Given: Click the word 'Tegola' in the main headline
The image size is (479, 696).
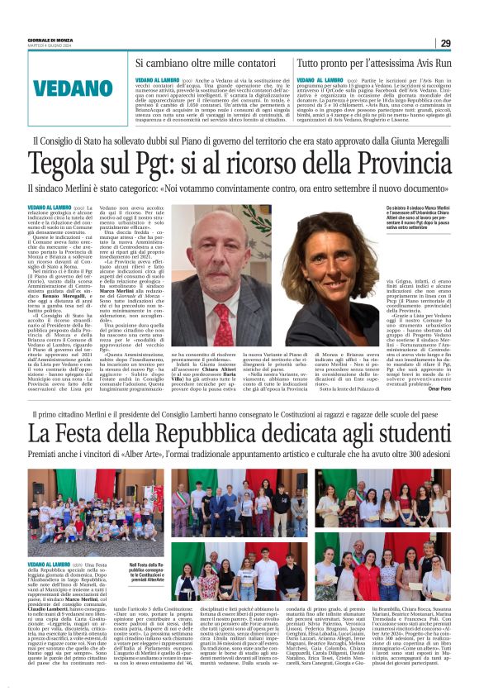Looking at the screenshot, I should [x=65, y=164].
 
